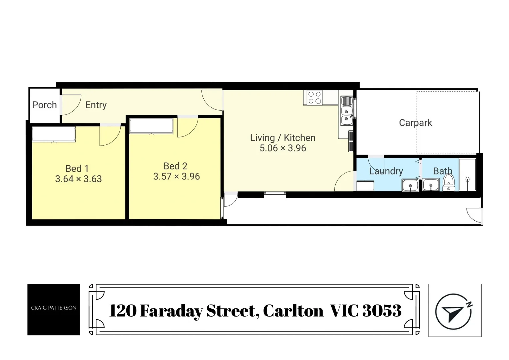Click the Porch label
[44, 105]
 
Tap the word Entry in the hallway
[96, 105]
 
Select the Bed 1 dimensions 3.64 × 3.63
[78, 179]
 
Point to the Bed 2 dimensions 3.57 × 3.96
[176, 176]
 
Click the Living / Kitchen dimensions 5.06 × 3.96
[283, 148]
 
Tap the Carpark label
[415, 123]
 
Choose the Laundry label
[386, 171]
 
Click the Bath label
[442, 171]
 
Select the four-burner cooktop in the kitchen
[315, 98]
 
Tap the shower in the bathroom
[467, 175]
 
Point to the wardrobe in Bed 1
[54, 134]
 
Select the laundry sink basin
[410, 185]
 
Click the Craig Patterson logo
[53, 309]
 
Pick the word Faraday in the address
[171, 311]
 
